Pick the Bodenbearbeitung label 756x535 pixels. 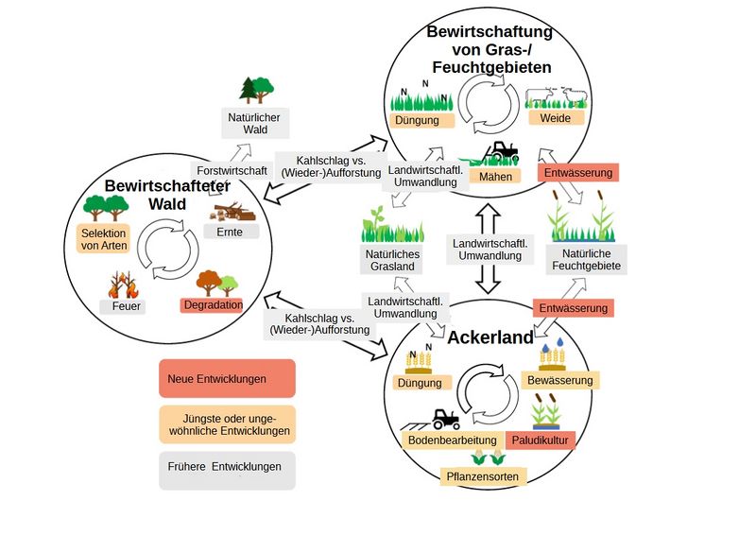coord(453,440)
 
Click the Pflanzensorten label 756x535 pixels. coord(483,476)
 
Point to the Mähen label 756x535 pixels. coord(495,177)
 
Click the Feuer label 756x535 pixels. coord(122,307)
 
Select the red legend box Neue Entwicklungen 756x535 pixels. coord(227,378)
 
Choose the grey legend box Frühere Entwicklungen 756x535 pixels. coord(227,469)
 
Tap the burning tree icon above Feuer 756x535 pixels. coord(122,282)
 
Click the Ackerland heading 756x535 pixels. coord(490,337)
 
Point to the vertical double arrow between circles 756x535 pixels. coord(488,250)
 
